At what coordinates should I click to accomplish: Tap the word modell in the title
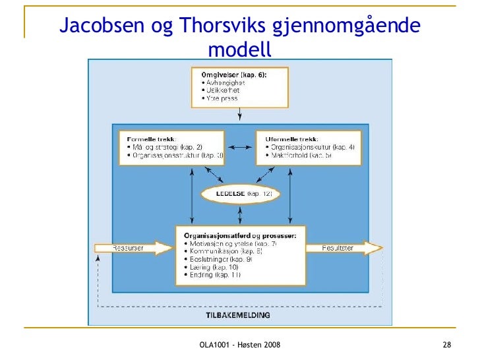pos(239,49)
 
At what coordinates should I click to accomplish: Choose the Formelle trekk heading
pos(148,139)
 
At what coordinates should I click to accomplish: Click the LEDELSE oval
pos(240,194)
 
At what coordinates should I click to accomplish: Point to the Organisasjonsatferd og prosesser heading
pos(240,235)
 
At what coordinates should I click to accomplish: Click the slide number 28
pos(446,346)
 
